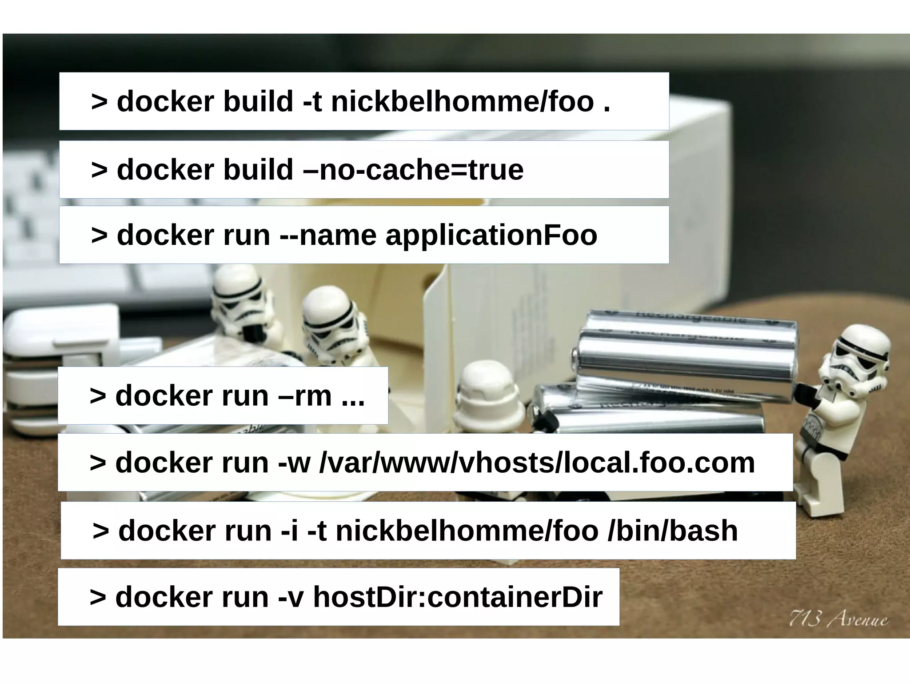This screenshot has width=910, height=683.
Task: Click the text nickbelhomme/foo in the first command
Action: tap(462, 102)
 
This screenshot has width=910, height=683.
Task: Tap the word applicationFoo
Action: tap(491, 235)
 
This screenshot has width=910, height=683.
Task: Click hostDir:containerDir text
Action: tap(458, 597)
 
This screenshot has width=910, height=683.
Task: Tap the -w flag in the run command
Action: tap(294, 463)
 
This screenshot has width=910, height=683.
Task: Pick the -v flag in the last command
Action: tap(291, 597)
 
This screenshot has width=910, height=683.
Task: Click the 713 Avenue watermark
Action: tap(838, 619)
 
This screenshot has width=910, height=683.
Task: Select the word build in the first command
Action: tap(258, 102)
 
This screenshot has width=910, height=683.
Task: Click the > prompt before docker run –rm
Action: tap(98, 395)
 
